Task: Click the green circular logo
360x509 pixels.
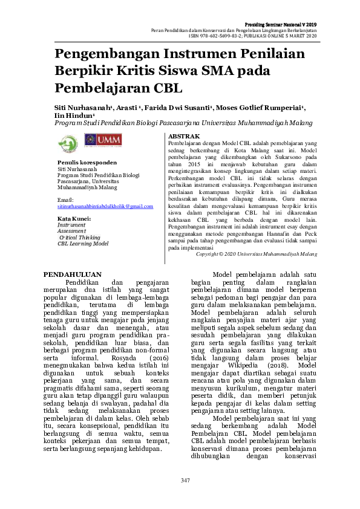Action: pyautogui.click(x=67, y=143)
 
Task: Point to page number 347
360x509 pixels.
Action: pyautogui.click(x=185, y=479)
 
